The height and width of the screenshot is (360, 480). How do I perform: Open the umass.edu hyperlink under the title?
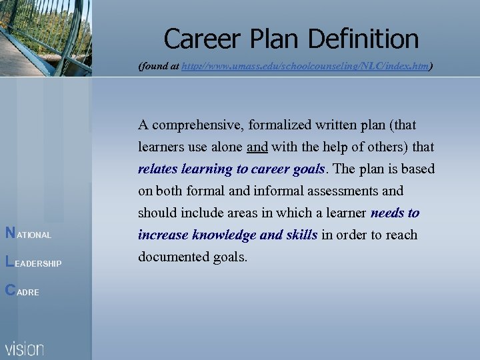pyautogui.click(x=305, y=67)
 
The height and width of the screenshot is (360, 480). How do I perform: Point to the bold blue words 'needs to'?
pyautogui.click(x=395, y=213)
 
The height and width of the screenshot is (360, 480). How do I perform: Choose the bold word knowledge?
pyautogui.click(x=225, y=235)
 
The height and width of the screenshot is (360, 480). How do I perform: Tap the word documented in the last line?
pyautogui.click(x=170, y=257)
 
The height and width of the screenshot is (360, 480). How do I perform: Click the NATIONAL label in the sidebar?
pyautogui.click(x=29, y=235)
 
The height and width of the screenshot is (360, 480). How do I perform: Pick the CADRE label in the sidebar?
pyautogui.click(x=22, y=292)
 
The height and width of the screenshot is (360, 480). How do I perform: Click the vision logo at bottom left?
pyautogui.click(x=25, y=348)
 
